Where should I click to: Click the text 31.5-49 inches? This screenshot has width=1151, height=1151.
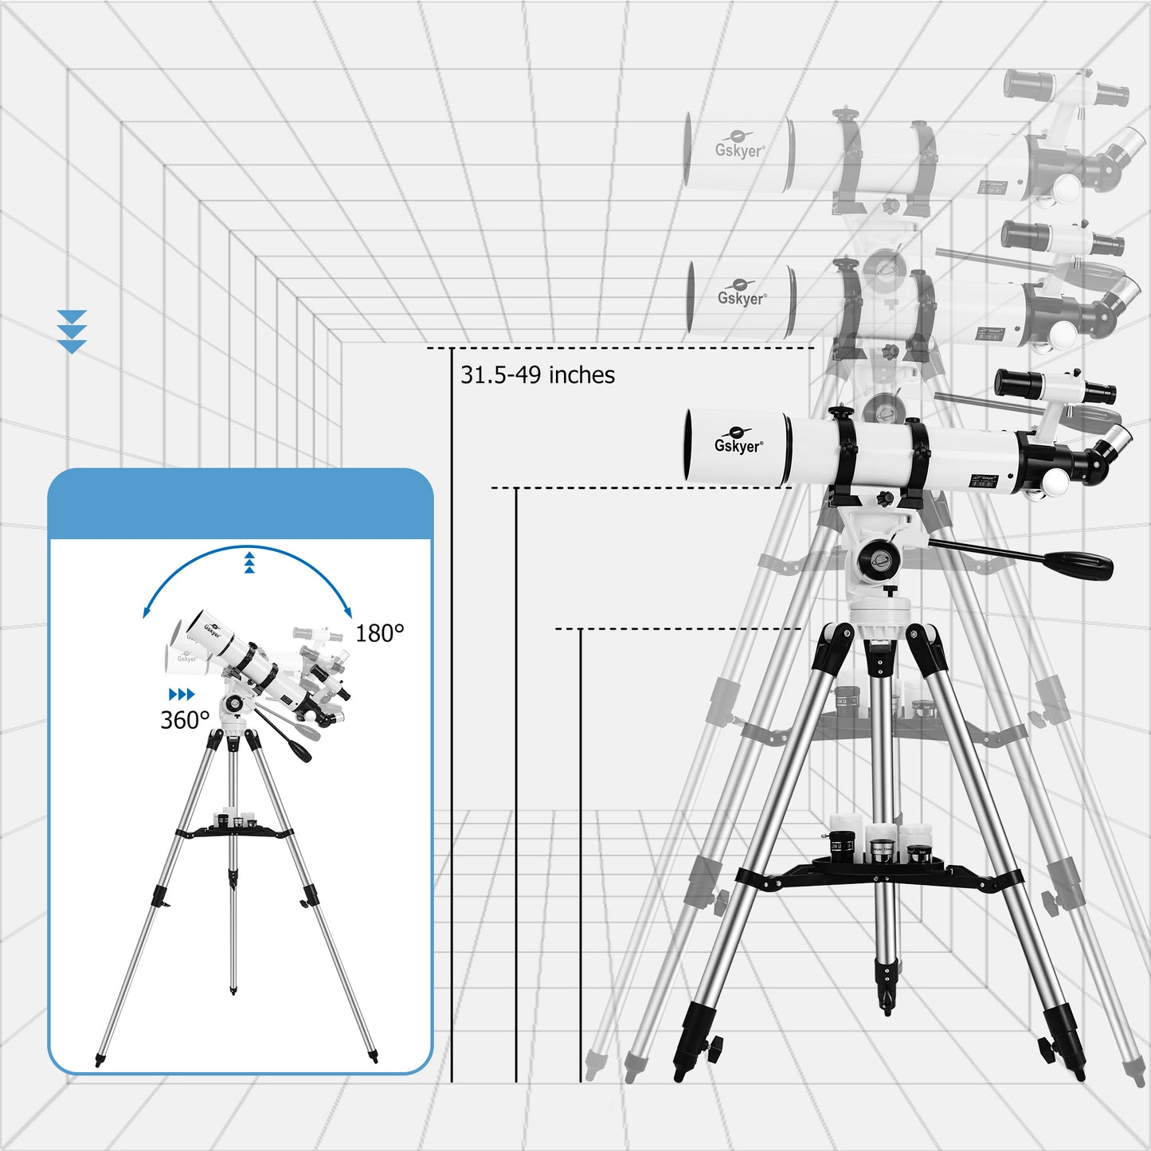tap(538, 375)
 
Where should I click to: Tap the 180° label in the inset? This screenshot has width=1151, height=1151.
tap(379, 634)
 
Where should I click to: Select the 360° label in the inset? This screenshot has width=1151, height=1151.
tap(185, 720)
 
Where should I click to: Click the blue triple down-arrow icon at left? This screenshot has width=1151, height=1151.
tap(72, 331)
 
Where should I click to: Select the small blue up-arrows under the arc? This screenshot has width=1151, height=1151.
tap(249, 562)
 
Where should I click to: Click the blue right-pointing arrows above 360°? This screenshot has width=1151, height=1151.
tap(182, 695)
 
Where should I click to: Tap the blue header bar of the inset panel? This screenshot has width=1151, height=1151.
tap(240, 504)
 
